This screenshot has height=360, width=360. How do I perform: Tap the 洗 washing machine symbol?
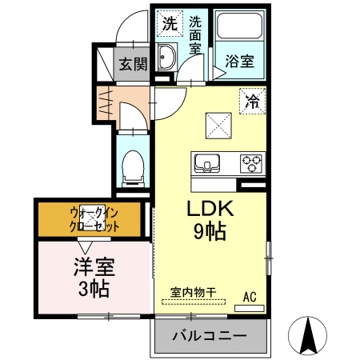click(169, 23)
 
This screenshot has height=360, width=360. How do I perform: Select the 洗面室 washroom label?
click(196, 35)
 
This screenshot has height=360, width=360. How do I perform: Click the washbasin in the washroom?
click(169, 58)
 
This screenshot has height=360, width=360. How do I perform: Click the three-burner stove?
click(251, 164)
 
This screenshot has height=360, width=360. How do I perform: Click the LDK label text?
click(210, 210)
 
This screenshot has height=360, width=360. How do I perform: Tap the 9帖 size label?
click(209, 233)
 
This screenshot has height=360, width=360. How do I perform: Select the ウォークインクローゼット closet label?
click(94, 219)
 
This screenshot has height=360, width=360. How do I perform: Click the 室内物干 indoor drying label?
click(194, 293)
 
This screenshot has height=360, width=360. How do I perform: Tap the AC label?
click(250, 298)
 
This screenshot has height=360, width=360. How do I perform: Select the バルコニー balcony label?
click(210, 337)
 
